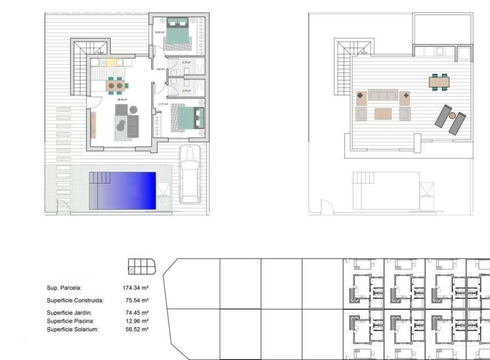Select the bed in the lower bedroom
pos(188,116)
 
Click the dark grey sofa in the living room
pos(134,125)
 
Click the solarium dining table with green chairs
pos(439,82)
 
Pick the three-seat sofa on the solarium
pos(383,95)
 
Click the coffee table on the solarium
pos(383,113)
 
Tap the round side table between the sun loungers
pos(452,116)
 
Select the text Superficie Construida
pos(75,300)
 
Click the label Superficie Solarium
pos(73,329)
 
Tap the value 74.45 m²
pos(137,313)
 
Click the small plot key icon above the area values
pos(142,266)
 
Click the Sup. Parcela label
pos(64,287)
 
